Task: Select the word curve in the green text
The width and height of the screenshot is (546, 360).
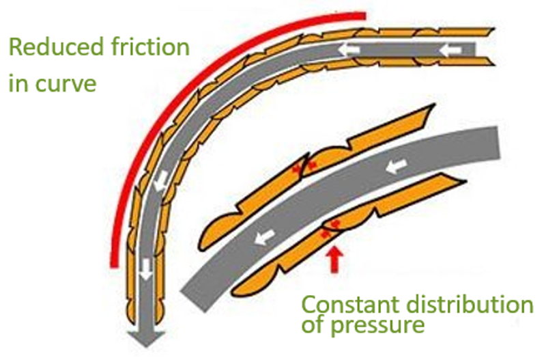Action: click(66, 84)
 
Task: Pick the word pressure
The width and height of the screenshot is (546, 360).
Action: click(377, 325)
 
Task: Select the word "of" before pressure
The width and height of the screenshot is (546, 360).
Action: click(313, 325)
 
